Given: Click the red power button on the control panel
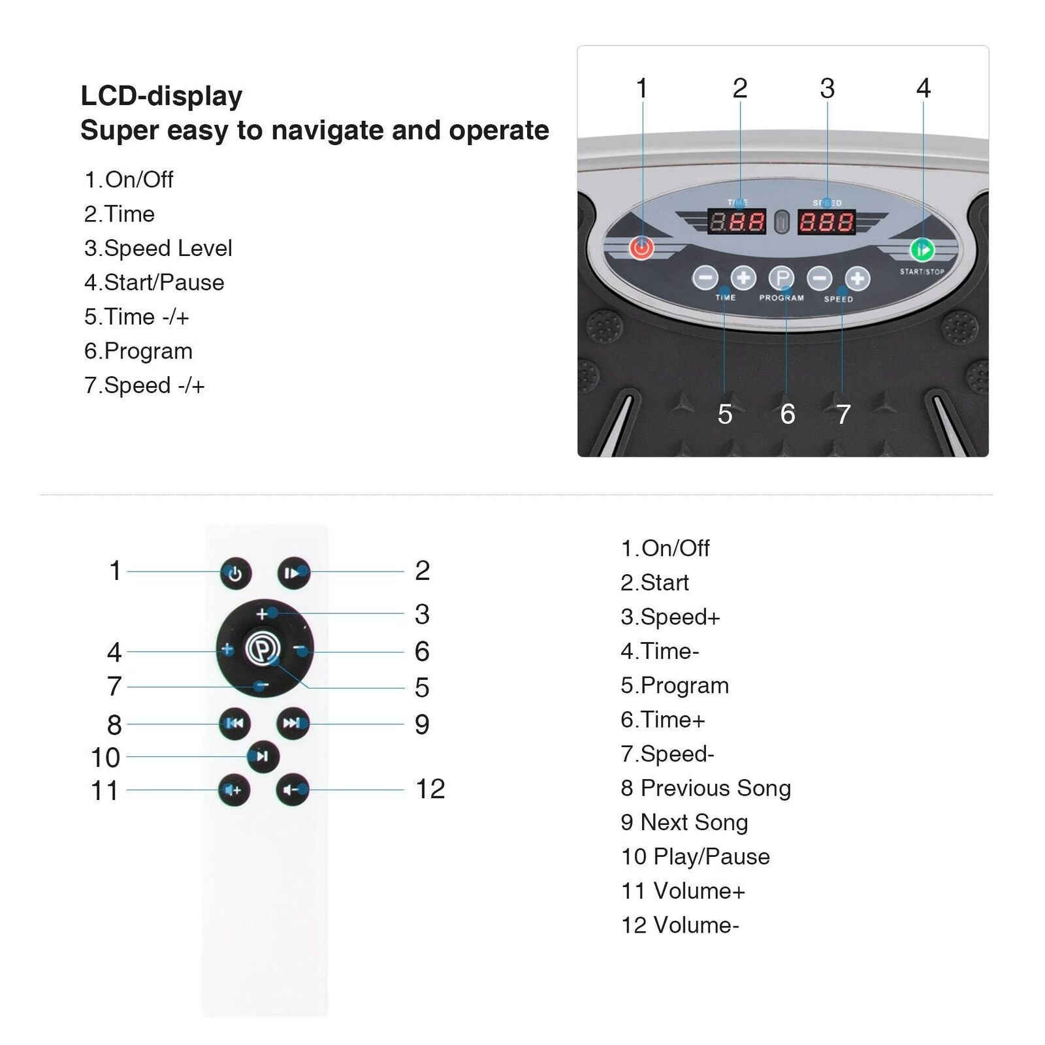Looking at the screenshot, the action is click(641, 248).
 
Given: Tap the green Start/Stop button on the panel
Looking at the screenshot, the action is click(922, 249).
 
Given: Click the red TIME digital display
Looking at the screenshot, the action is click(737, 222).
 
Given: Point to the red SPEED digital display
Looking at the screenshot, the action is click(827, 222).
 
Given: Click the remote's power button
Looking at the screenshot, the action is click(236, 573).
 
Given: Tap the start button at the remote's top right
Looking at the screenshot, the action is click(293, 573).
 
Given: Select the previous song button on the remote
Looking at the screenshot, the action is click(234, 723).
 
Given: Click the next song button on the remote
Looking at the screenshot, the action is click(293, 723).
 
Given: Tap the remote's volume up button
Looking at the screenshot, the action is click(234, 790).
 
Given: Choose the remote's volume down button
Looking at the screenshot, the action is click(292, 790).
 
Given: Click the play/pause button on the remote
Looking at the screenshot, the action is click(263, 756).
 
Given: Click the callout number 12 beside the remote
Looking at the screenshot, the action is click(430, 789).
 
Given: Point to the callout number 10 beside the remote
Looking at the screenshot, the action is click(105, 758).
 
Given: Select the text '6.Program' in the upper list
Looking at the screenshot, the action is click(138, 351).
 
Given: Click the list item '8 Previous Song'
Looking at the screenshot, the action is click(706, 788).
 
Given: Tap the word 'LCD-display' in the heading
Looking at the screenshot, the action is click(161, 96).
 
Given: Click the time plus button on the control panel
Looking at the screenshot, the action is click(743, 278).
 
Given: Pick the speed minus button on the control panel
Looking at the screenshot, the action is click(820, 278).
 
